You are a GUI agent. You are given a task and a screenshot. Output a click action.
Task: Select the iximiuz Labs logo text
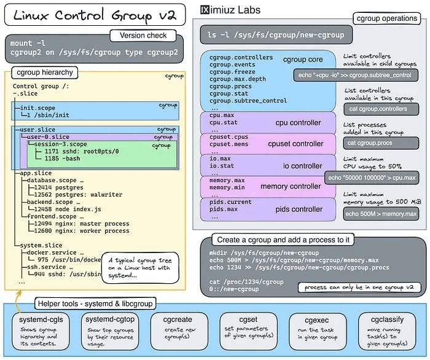(x=230, y=10)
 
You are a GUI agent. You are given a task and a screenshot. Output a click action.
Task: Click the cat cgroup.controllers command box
(x=377, y=109)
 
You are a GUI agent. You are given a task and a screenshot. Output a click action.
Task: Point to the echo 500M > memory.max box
(x=381, y=214)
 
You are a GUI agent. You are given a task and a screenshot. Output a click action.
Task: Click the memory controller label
(x=291, y=186)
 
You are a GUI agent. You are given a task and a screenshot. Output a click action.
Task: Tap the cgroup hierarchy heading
(x=45, y=72)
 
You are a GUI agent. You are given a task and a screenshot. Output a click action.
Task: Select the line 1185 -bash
(x=64, y=158)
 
